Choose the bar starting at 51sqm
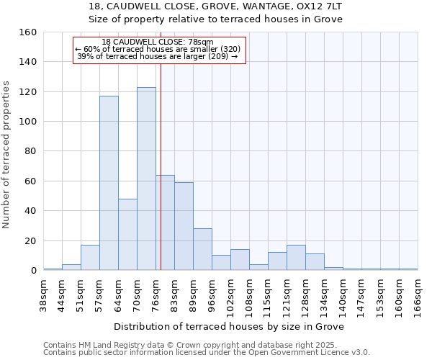click(90, 258)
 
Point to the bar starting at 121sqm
click(296, 258)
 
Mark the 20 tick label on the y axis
click(31, 241)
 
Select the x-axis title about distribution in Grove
click(229, 326)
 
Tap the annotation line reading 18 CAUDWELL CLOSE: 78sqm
click(158, 42)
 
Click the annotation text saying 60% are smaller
click(158, 49)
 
